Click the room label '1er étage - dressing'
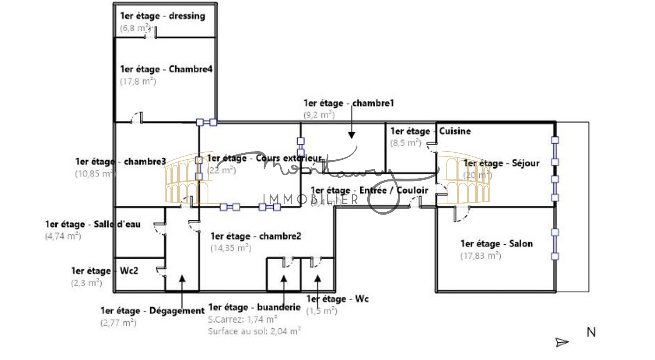tap(163, 16)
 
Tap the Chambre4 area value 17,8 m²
tap(138, 81)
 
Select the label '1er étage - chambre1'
tap(349, 103)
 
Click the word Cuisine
tap(455, 131)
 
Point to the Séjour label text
tap(501, 163)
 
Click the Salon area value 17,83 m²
tap(481, 256)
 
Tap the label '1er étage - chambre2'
tap(256, 236)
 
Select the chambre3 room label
tap(121, 162)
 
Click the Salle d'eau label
tap(93, 224)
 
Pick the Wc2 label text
tap(105, 271)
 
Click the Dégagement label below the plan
tap(152, 311)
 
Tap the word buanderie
tap(279, 307)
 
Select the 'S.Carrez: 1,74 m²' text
tap(242, 319)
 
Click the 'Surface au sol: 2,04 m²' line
tap(254, 331)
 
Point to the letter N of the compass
tap(591, 332)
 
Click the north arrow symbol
tap(562, 342)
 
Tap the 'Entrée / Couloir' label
tap(394, 190)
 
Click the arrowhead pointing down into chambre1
tap(351, 135)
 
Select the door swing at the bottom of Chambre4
tap(136, 118)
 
